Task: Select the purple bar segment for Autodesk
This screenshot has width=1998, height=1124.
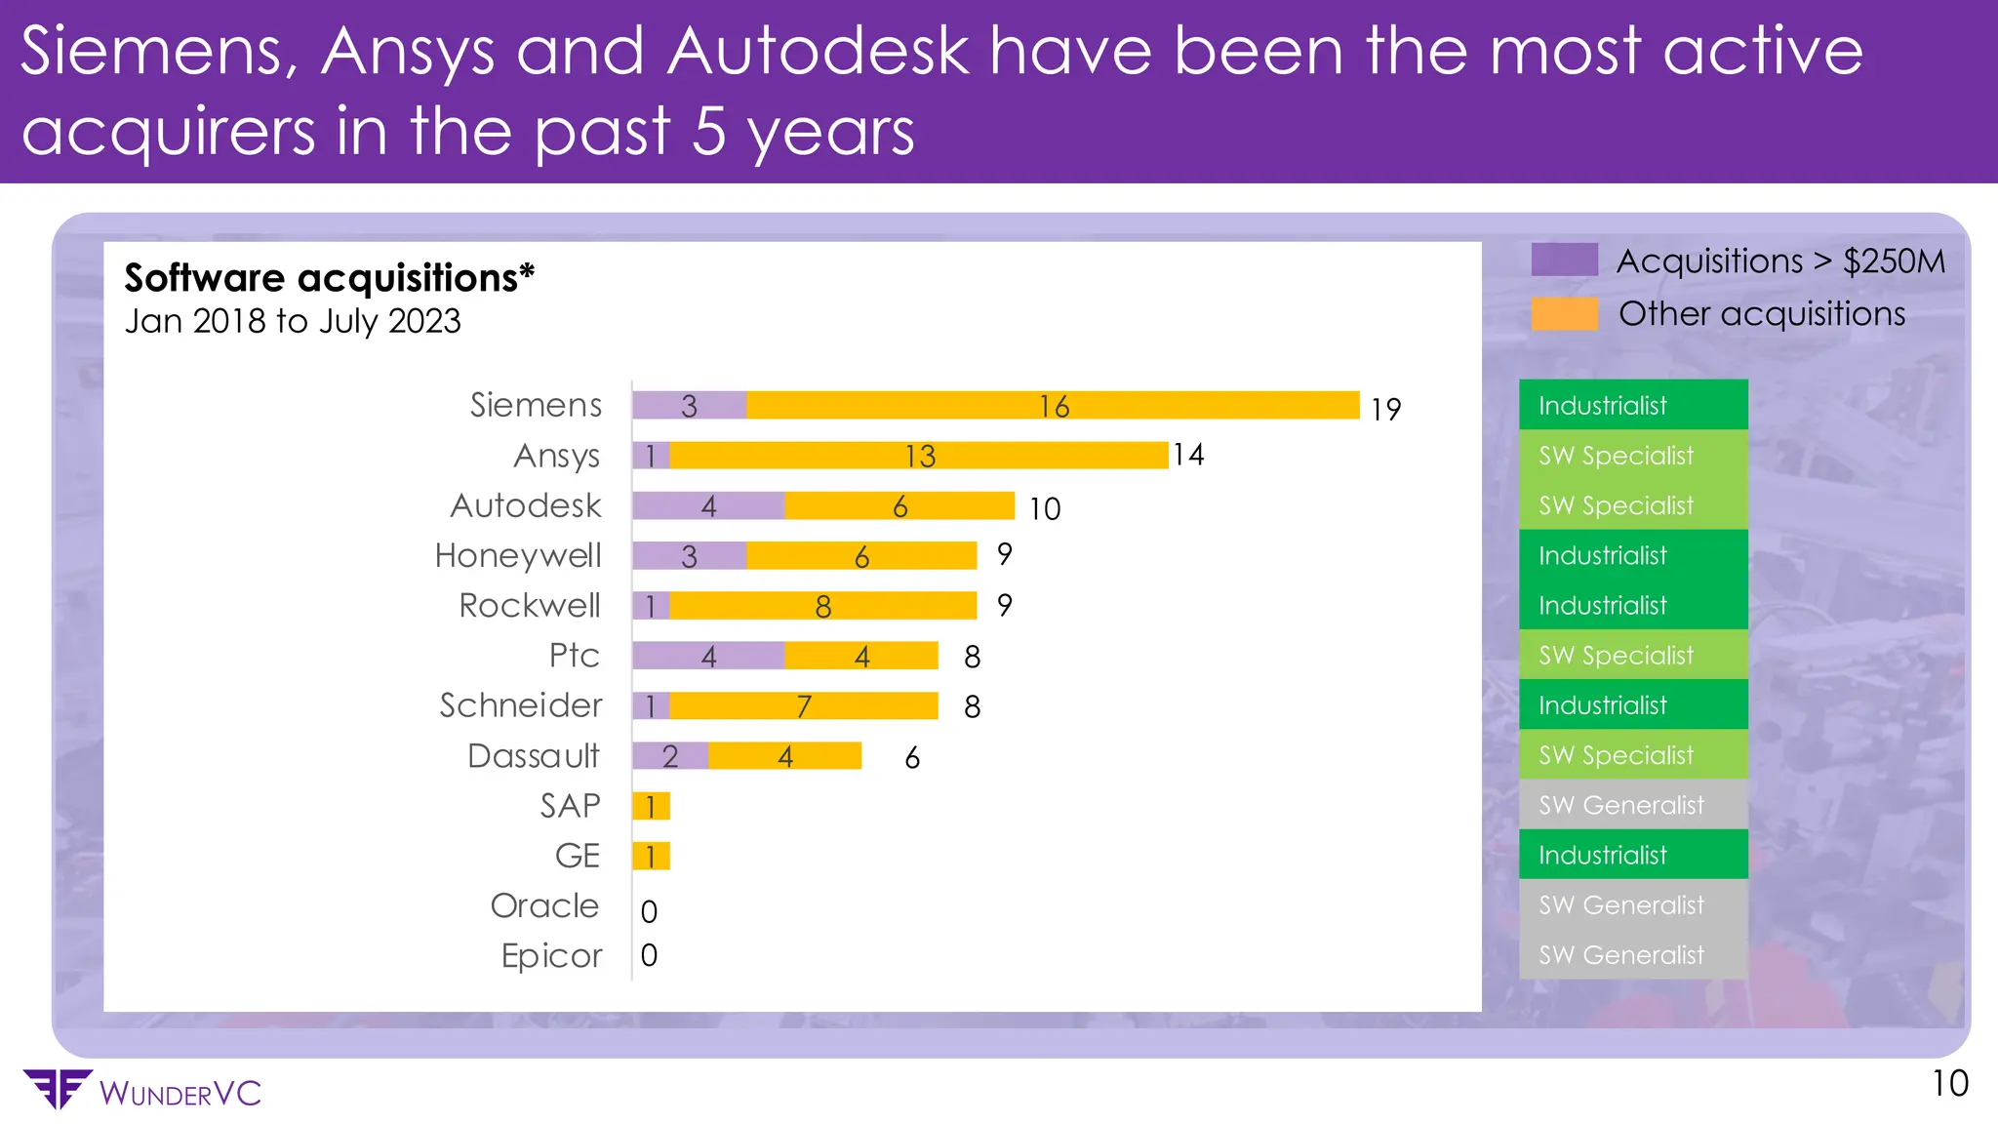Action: (708, 505)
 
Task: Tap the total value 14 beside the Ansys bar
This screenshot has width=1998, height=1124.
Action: (1188, 455)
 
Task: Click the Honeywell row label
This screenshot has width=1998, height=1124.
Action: (518, 555)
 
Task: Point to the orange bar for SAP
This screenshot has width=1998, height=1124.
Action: (651, 806)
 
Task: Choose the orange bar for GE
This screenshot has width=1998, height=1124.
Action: (651, 856)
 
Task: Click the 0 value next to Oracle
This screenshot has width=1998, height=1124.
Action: (649, 911)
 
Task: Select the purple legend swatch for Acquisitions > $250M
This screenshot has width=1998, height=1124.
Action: (1564, 261)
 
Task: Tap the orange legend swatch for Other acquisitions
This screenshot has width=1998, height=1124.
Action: (1564, 313)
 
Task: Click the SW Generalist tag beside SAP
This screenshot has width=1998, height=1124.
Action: (1632, 805)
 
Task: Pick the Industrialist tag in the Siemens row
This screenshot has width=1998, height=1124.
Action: (1632, 405)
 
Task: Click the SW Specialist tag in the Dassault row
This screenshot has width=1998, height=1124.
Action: (1632, 755)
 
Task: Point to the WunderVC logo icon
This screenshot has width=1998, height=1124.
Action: (59, 1089)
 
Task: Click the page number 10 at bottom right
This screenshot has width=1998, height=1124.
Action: (1949, 1084)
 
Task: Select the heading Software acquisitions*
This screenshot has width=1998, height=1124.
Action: (329, 278)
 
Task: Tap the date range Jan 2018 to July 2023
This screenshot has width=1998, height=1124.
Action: (293, 321)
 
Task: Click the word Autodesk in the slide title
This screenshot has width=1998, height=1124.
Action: (818, 51)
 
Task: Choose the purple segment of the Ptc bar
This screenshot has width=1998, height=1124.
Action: (708, 656)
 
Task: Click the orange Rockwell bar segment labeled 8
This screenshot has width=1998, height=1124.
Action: (822, 605)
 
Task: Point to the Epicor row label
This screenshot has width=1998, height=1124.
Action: (551, 955)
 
